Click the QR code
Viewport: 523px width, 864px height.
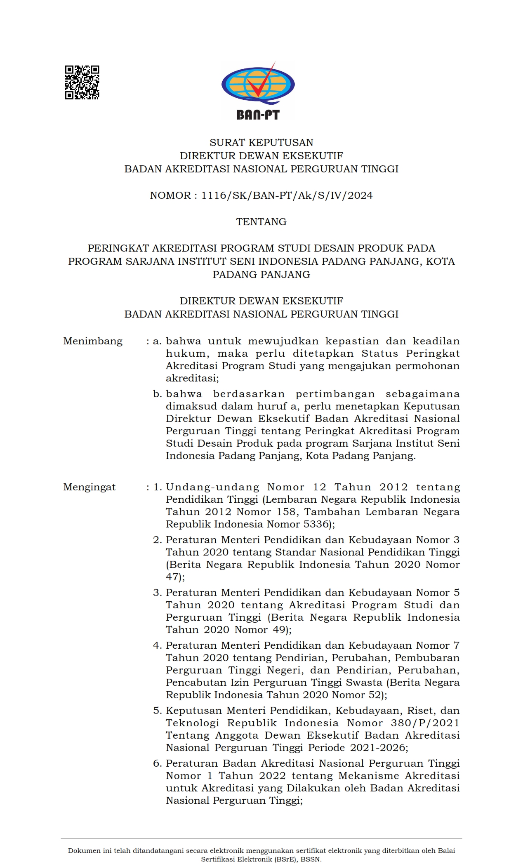click(82, 82)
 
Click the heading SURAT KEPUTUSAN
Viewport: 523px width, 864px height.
click(261, 143)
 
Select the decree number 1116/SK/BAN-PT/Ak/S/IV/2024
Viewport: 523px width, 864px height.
click(287, 195)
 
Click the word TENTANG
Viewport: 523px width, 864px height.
click(261, 222)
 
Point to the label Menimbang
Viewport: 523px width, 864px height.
click(93, 341)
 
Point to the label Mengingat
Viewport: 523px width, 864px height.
click(89, 487)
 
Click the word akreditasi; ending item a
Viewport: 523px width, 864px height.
click(192, 378)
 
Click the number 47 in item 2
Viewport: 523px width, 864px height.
click(173, 577)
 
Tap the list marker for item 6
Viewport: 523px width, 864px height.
click(157, 763)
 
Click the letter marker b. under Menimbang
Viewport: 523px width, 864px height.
click(157, 394)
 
